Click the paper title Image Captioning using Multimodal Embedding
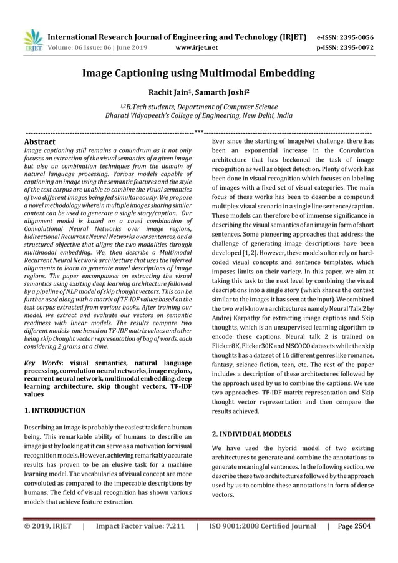pos(198,74)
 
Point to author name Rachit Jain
pos(169,94)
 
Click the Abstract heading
pos(39,142)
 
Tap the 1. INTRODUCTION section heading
pos(54,410)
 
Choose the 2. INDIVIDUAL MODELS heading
pos(251,433)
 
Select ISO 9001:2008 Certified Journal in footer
pos(263,526)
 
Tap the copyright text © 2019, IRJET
pos(48,526)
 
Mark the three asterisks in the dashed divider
pos(199,132)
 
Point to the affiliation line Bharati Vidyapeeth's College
pos(198,116)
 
